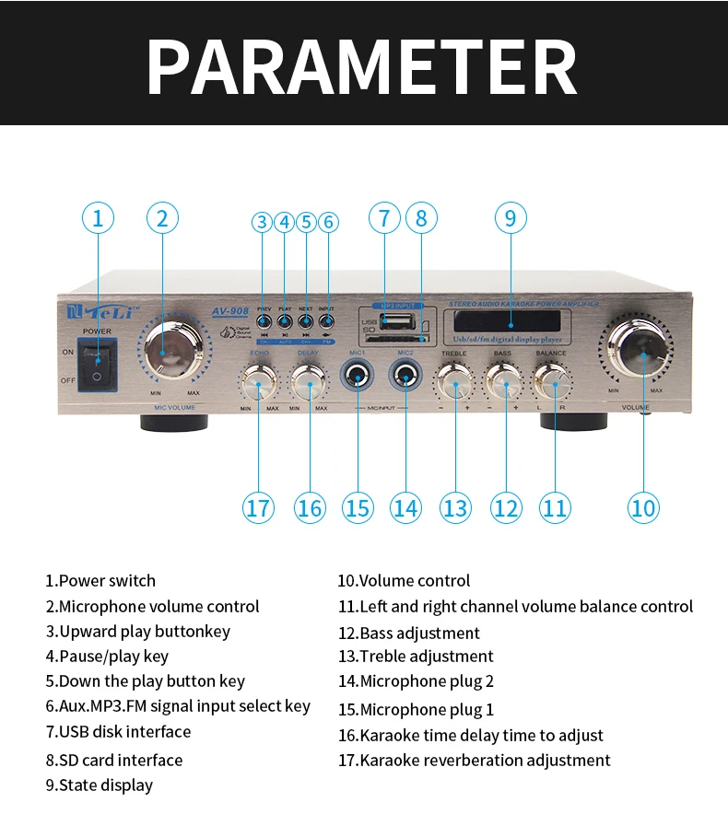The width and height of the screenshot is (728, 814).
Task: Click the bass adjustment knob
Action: click(503, 378)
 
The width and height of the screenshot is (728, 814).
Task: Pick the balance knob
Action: click(552, 378)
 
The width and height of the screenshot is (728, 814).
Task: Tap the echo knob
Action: click(259, 379)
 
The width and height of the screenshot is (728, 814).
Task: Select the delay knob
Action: click(310, 378)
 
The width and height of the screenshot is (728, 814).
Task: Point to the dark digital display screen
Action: click(503, 322)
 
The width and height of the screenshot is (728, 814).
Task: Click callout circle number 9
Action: click(511, 218)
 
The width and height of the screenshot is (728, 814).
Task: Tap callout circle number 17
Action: click(259, 507)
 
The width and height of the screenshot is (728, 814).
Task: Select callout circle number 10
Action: click(643, 507)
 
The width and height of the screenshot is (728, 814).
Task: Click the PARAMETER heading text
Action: click(362, 64)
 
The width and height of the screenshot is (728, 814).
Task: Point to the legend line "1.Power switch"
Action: click(100, 581)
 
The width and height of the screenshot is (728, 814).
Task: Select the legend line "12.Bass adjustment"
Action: click(409, 634)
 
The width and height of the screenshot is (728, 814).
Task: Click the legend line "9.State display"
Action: click(100, 785)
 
